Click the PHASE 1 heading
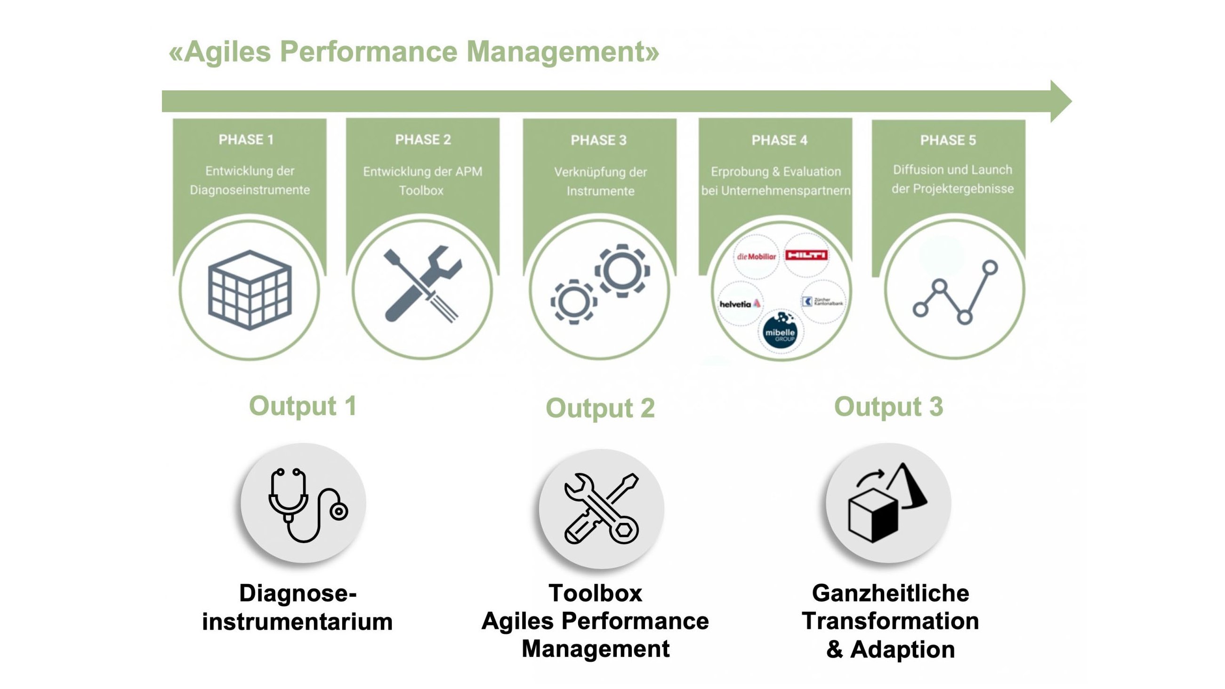click(x=246, y=139)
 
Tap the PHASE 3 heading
click(x=598, y=140)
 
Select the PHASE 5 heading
click(x=948, y=140)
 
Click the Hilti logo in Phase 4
click(x=806, y=256)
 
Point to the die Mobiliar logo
click(x=756, y=256)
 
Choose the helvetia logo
click(x=740, y=304)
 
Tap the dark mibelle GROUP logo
click(x=780, y=332)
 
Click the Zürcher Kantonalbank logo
click(x=823, y=302)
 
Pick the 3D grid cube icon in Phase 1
click(x=250, y=289)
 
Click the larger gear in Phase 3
click(x=622, y=271)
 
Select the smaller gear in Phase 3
click(x=573, y=302)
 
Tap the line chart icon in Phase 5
click(x=955, y=293)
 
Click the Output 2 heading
click(x=600, y=408)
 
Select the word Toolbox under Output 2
click(x=596, y=593)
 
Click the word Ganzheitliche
click(x=890, y=593)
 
